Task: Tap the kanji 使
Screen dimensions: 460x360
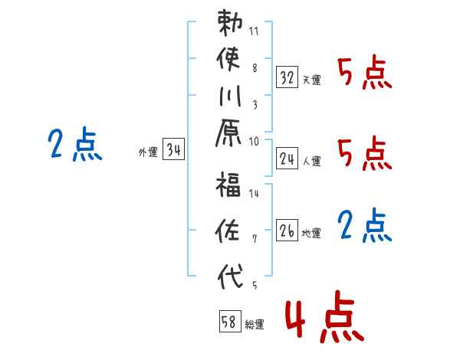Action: coord(228,59)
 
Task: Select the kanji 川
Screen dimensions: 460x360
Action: coord(230,96)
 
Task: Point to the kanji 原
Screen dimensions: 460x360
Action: coord(228,133)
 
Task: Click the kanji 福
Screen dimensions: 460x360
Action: coord(228,184)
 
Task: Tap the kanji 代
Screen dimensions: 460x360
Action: coord(230,276)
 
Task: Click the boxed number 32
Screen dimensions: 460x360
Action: coord(287,77)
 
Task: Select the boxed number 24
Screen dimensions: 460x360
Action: coord(287,159)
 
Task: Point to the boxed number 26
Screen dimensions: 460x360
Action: coord(287,230)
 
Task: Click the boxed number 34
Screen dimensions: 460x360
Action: coord(173,149)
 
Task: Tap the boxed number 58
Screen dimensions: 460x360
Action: coord(230,321)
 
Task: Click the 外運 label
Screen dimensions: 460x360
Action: coord(148,152)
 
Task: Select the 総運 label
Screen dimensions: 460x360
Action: coord(255,324)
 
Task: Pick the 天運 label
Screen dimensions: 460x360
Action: coord(312,80)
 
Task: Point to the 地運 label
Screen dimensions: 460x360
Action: coord(311,233)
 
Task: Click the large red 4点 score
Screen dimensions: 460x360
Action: coord(324,316)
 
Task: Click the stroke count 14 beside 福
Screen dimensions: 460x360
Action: coord(254,194)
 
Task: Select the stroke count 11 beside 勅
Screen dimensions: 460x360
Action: coord(254,31)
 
